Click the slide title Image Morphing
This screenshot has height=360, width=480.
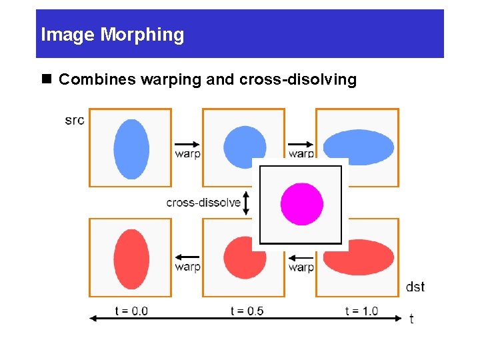pos(112,35)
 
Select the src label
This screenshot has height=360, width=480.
pos(75,120)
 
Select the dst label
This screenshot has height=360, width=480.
pos(415,287)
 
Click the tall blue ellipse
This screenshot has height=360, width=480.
pos(131,149)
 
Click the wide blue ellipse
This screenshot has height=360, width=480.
pos(359,146)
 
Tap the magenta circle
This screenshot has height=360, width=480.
pos(302,204)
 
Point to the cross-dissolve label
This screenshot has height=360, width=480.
pos(203,203)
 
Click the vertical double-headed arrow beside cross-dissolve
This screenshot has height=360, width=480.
pos(247,203)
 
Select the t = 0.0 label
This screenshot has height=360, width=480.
pos(131,311)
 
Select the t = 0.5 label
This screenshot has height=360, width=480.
pos(247,311)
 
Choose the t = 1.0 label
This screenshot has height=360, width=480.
pos(361,311)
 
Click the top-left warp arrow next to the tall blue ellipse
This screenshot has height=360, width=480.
pos(187,143)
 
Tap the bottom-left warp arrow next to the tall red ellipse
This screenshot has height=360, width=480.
pos(187,257)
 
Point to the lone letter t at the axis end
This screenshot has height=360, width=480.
pos(411,319)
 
